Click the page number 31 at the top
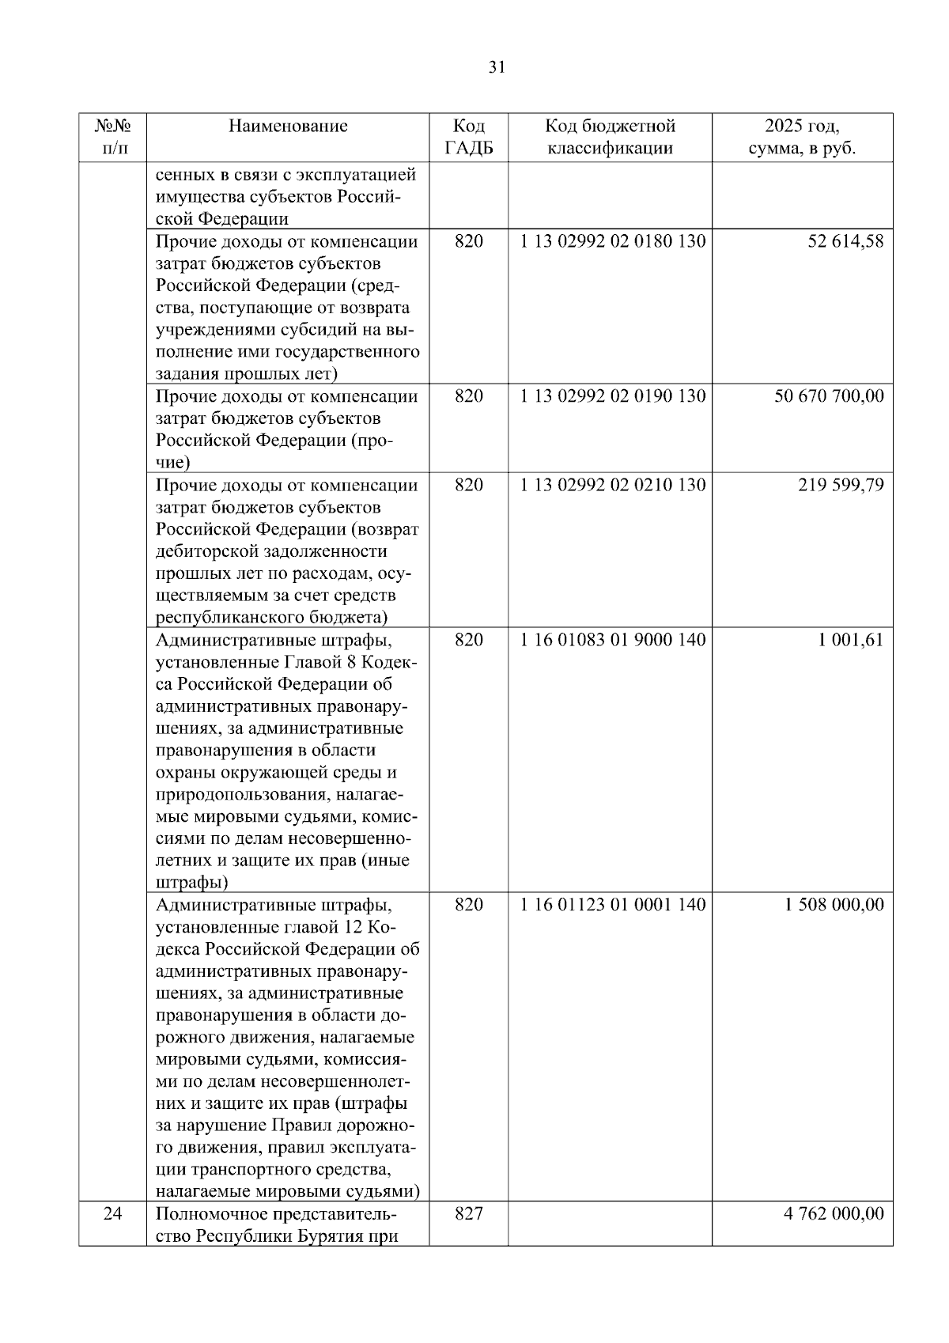(497, 67)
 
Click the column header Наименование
(288, 126)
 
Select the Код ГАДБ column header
(468, 137)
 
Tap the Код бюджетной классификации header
(610, 137)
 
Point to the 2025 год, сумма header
(802, 137)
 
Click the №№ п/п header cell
(112, 137)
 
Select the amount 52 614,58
(845, 241)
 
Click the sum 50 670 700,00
(829, 396)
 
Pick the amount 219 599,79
(841, 485)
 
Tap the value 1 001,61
(851, 640)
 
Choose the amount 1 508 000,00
(834, 905)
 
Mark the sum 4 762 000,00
(834, 1213)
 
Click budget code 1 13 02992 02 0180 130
(612, 241)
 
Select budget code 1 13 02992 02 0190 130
(612, 396)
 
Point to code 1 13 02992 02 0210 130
(612, 485)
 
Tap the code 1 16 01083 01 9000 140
(612, 640)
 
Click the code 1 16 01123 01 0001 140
(612, 905)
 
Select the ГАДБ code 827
(468, 1213)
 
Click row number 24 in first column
(112, 1213)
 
